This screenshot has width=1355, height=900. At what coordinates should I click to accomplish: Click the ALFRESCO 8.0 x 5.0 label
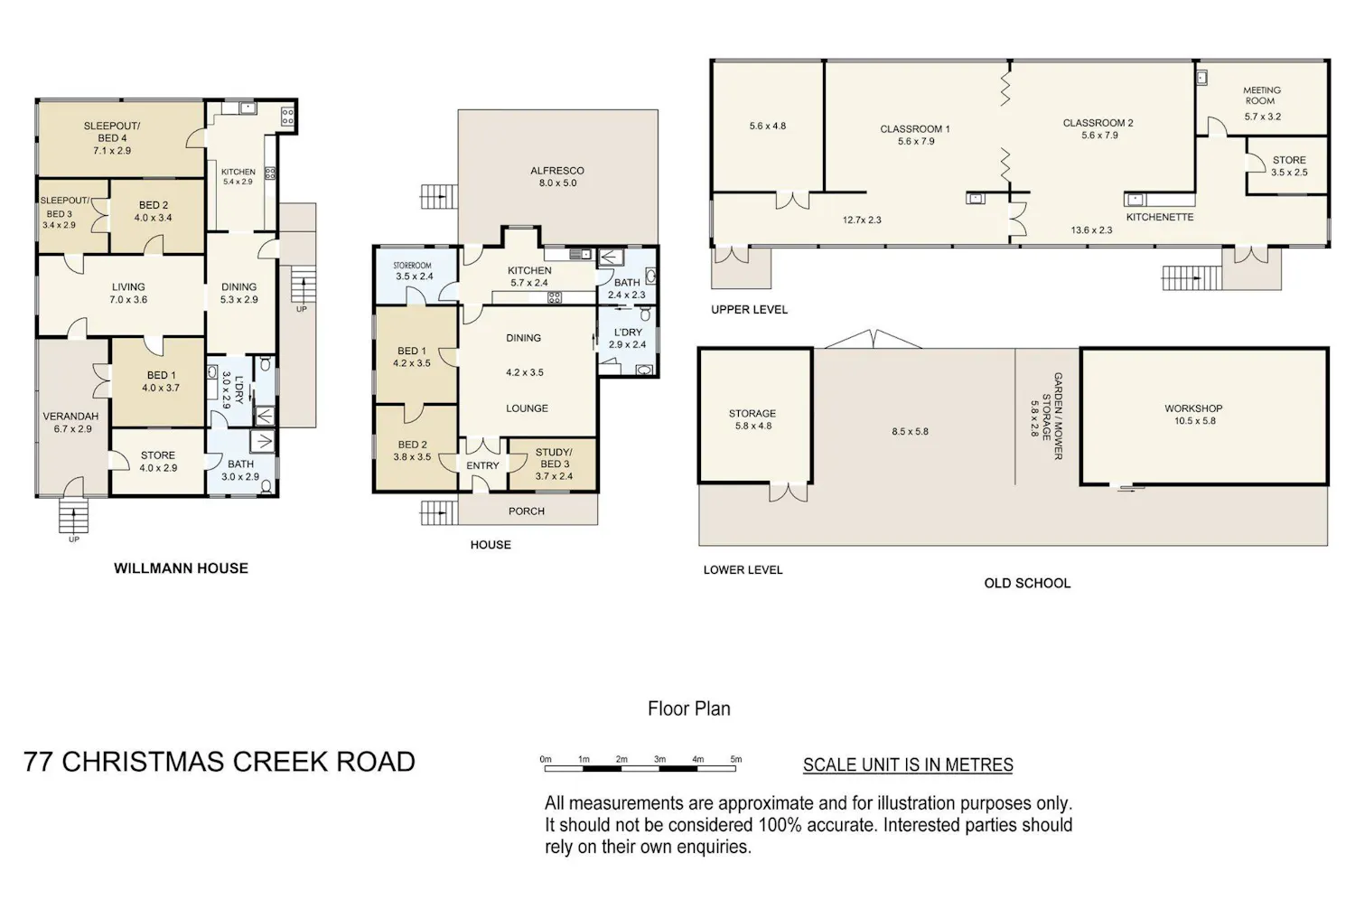pyautogui.click(x=557, y=177)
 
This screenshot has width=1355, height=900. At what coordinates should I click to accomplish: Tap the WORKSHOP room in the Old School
pyautogui.click(x=1204, y=416)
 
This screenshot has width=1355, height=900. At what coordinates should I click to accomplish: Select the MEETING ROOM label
pyautogui.click(x=1262, y=96)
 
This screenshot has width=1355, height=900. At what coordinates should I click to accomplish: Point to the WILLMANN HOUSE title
pyautogui.click(x=181, y=568)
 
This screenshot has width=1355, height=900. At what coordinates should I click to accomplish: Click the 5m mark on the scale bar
pyautogui.click(x=735, y=760)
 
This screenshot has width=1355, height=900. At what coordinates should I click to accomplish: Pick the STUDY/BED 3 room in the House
pyautogui.click(x=553, y=464)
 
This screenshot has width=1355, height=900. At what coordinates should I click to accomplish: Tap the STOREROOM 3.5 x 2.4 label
pyautogui.click(x=415, y=270)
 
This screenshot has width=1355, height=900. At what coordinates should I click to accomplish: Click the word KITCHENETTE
pyautogui.click(x=1160, y=217)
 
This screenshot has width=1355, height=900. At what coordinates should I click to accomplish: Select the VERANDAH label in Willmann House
pyautogui.click(x=70, y=417)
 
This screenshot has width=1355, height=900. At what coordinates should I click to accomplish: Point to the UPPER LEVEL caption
pyautogui.click(x=749, y=310)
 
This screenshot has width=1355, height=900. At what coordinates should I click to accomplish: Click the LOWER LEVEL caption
pyautogui.click(x=743, y=570)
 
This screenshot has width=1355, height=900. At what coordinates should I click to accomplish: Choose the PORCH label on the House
pyautogui.click(x=527, y=511)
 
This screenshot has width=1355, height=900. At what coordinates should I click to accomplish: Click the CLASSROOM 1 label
pyautogui.click(x=914, y=129)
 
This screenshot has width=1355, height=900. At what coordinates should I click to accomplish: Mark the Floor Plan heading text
pyautogui.click(x=689, y=708)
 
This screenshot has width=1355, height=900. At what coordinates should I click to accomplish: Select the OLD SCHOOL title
pyautogui.click(x=1027, y=584)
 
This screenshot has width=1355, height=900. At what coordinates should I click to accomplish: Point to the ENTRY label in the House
pyautogui.click(x=482, y=465)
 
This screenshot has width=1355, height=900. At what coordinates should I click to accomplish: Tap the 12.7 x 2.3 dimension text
pyautogui.click(x=862, y=220)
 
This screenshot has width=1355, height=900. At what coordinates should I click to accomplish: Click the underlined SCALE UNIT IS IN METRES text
pyautogui.click(x=908, y=765)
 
